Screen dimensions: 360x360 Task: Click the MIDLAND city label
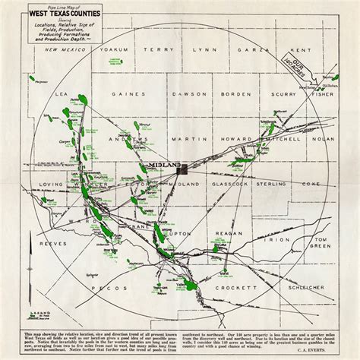coord(166,164)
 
